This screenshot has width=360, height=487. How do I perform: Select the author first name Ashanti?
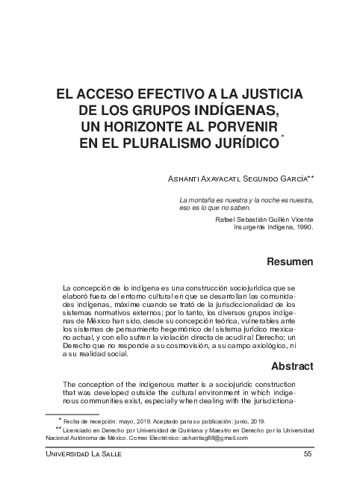tap(188, 179)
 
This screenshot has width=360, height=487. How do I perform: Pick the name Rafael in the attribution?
tap(227, 219)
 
